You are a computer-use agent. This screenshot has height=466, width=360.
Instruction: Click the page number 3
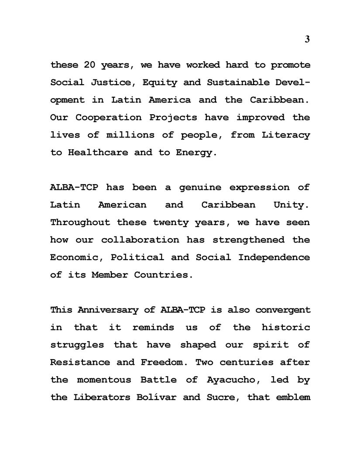(x=307, y=39)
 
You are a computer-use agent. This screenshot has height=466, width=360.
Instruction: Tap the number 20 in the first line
(x=89, y=65)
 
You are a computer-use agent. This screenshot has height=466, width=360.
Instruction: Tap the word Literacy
(x=286, y=135)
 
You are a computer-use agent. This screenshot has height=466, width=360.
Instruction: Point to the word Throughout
(x=80, y=222)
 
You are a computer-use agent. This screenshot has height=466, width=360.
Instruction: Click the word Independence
(x=274, y=257)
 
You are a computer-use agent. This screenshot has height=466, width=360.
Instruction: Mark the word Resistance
(x=80, y=362)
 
